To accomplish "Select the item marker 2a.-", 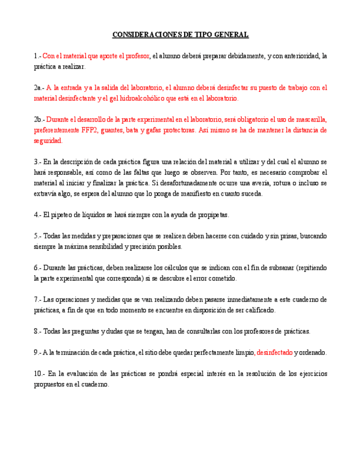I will click(38, 87).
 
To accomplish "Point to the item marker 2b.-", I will click(39, 119).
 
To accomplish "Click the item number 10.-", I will click(40, 374).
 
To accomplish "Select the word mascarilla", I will click(311, 119).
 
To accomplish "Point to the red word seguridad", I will click(47, 141).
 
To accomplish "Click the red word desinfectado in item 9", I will click(274, 353).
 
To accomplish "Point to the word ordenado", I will click(313, 353).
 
